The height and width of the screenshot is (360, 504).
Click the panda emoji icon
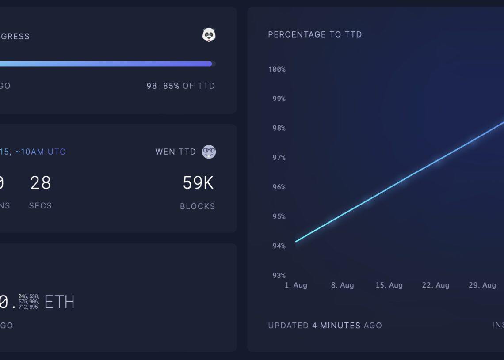click(x=209, y=35)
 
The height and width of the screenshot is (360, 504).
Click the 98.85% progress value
click(x=163, y=86)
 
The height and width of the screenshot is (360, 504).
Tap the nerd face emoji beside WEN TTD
click(x=209, y=152)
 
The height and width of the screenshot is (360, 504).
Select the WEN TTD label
click(x=176, y=152)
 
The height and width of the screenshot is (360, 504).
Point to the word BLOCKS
click(x=198, y=206)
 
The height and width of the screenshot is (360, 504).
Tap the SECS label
click(x=40, y=206)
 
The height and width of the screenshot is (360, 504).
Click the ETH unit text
click(x=59, y=303)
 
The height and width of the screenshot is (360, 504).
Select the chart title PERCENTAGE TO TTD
click(x=315, y=34)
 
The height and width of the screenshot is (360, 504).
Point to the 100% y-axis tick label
click(x=277, y=69)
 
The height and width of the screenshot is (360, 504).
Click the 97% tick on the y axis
click(x=279, y=158)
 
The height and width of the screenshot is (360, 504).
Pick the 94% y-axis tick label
click(x=279, y=246)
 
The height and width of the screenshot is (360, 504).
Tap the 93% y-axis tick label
click(x=279, y=276)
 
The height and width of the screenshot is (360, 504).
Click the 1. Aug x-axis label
click(x=296, y=285)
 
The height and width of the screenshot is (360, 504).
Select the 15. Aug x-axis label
click(x=389, y=285)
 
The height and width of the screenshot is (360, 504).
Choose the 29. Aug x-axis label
click(x=482, y=285)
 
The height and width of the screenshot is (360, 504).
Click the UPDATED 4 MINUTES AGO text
click(x=325, y=326)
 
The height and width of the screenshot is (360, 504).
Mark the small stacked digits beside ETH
click(x=29, y=302)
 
